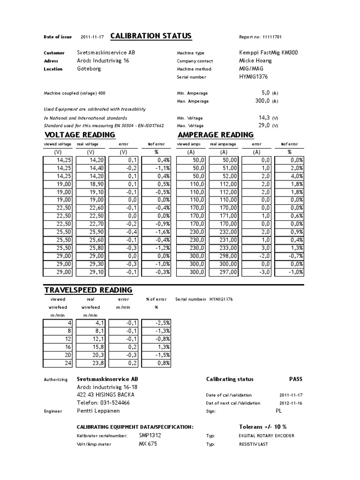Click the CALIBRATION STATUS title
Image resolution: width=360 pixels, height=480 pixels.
(150, 37)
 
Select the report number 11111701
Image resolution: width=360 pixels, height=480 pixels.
(269, 37)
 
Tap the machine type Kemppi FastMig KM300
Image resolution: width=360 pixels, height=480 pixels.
(268, 52)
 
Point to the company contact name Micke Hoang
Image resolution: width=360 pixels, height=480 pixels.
(255, 60)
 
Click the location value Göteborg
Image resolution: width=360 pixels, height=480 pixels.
(89, 68)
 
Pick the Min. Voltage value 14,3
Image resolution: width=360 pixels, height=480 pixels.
(264, 118)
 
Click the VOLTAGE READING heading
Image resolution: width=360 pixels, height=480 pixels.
(80, 135)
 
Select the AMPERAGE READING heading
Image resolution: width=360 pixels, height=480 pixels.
(216, 135)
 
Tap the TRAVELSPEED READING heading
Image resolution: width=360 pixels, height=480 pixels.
(88, 290)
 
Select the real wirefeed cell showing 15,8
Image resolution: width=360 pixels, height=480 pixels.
(94, 346)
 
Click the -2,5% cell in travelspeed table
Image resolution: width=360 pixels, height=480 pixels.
(157, 322)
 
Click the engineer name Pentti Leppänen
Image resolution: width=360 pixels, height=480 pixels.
(98, 411)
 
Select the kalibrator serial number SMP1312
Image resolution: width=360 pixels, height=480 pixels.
(150, 435)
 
